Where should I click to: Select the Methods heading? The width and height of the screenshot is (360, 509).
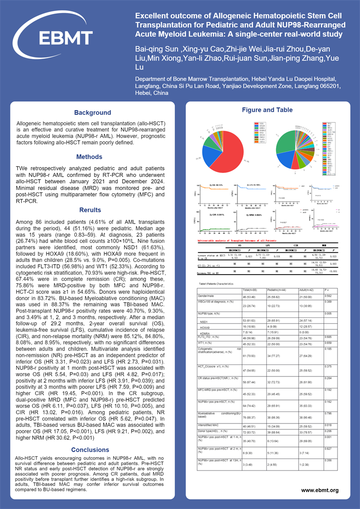89,157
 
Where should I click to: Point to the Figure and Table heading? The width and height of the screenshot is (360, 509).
267,110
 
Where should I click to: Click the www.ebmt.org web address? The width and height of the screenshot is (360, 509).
320,490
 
